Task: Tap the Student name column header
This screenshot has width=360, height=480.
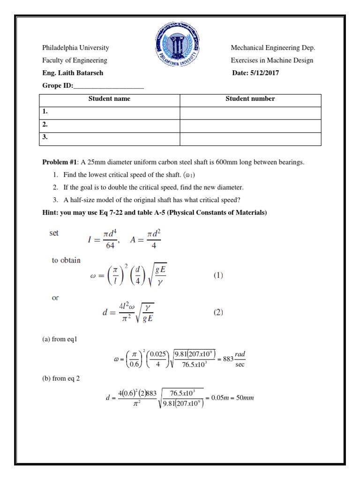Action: [109, 99]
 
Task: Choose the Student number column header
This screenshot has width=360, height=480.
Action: [250, 99]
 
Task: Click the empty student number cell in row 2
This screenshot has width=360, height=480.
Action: [250, 126]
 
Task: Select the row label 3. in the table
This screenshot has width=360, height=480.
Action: [45, 138]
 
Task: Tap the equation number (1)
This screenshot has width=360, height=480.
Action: [218, 277]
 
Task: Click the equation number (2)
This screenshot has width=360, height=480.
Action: [218, 312]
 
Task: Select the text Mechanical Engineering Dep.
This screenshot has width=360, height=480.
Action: [273, 48]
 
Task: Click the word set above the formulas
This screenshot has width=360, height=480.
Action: [54, 233]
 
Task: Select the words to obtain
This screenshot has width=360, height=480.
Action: [66, 261]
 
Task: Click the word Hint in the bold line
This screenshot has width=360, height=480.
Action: [50, 213]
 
